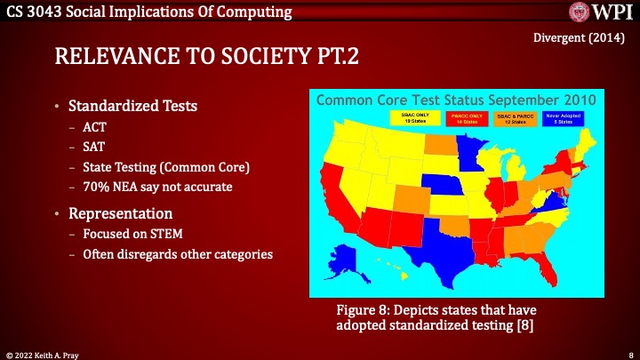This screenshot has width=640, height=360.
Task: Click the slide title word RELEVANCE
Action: click(x=108, y=58)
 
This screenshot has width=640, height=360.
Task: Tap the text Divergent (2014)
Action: click(x=582, y=37)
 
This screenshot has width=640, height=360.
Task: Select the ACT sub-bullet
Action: click(x=93, y=127)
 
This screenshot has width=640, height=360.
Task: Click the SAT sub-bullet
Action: click(x=93, y=145)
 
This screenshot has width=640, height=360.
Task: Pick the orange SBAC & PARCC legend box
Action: click(x=516, y=117)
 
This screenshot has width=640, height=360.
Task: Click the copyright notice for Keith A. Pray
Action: click(x=44, y=354)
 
